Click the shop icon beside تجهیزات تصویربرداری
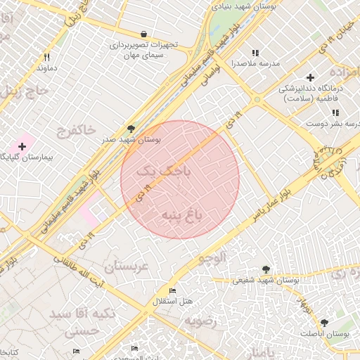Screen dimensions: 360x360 pos(144,34)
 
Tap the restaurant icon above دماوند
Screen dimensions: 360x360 pos(46,57)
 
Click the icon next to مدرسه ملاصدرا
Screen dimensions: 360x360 pos(255,53)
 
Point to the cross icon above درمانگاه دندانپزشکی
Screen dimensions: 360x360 pos(310,77)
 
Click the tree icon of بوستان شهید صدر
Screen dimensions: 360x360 pos(131,128)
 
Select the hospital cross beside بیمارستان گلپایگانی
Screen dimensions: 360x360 pos(22,146)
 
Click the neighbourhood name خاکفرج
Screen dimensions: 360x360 pos(75,130)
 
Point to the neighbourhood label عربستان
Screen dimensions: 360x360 pos(129,266)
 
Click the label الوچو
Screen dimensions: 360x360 pos(213,259)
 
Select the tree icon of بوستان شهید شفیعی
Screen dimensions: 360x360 pos(266,269)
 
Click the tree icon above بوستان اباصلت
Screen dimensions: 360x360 pos(324,323)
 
